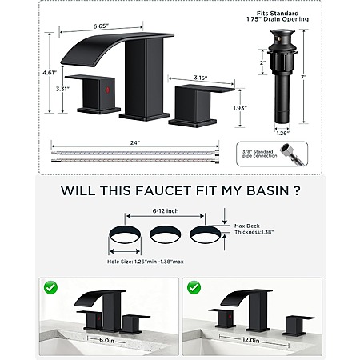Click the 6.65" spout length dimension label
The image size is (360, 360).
[101, 26]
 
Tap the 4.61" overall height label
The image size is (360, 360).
[50, 72]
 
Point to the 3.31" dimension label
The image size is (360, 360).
[62, 89]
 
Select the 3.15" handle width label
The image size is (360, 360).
[201, 78]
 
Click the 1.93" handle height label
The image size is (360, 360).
[240, 108]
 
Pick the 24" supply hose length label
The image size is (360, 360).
[135, 142]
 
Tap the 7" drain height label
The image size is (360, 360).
[302, 78]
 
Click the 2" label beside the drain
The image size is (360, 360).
[263, 62]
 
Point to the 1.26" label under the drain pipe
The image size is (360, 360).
[282, 133]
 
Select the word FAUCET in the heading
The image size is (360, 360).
[163, 190]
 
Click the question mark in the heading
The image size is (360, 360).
[297, 190]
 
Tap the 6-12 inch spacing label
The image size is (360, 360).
[166, 211]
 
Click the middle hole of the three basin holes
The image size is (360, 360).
[166, 234]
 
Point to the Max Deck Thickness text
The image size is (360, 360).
[254, 229]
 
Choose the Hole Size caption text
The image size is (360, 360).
[146, 262]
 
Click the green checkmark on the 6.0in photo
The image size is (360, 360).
[51, 287]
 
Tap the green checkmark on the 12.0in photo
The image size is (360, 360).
[194, 287]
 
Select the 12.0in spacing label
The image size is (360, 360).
[250, 341]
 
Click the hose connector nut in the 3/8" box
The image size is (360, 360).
[287, 149]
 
